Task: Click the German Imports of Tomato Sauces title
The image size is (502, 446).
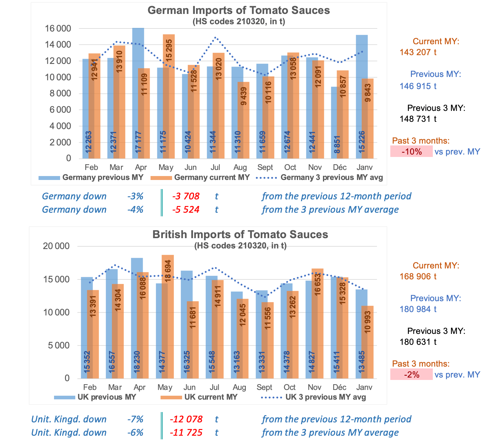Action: click(x=239, y=10)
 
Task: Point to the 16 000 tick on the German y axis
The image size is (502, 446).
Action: click(x=58, y=29)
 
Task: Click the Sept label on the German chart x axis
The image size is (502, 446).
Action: click(x=265, y=167)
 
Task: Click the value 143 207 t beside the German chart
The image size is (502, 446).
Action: click(x=418, y=52)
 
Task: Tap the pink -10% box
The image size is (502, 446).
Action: click(x=411, y=151)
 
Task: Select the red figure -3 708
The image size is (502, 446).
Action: click(x=186, y=196)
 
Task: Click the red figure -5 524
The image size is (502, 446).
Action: click(x=186, y=210)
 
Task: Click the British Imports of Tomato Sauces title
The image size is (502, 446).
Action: click(x=240, y=235)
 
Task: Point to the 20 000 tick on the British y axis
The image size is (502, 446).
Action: click(x=56, y=246)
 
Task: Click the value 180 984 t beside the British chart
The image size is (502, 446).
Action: click(x=418, y=309)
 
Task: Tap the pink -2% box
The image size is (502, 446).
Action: click(x=411, y=375)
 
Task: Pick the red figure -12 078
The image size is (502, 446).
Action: click(x=186, y=419)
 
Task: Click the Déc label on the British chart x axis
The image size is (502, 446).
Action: click(x=339, y=388)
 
